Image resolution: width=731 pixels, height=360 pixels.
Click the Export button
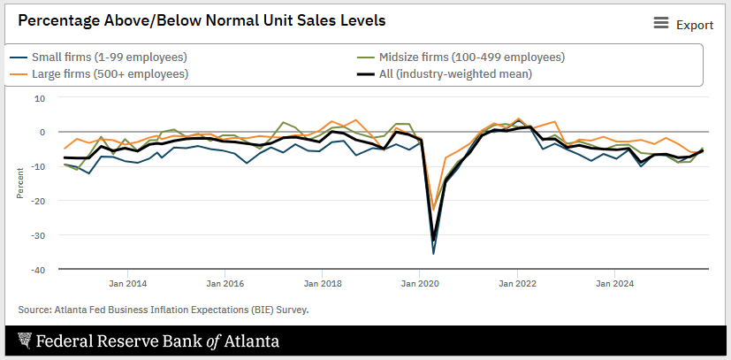coord(695,25)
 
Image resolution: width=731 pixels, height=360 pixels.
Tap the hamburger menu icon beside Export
coord(661,24)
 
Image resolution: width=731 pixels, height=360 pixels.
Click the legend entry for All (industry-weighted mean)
coord(455,73)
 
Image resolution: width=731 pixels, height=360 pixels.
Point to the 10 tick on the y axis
coord(40,98)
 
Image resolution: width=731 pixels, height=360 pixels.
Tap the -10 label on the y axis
coord(39,166)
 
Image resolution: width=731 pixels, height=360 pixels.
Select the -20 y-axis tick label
coord(39,200)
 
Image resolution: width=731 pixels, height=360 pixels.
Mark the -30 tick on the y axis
coord(39,234)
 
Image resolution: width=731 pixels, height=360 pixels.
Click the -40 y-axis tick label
coord(39,268)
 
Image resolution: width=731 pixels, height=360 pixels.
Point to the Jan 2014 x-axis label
coord(129,284)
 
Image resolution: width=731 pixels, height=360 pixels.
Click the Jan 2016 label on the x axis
coord(225,284)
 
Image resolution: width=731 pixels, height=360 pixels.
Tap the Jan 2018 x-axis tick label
coord(323,284)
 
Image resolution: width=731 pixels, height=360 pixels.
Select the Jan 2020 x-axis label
coord(420,284)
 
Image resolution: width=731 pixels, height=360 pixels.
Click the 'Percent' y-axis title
coord(19,183)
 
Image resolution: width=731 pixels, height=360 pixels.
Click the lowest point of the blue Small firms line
coord(433,253)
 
